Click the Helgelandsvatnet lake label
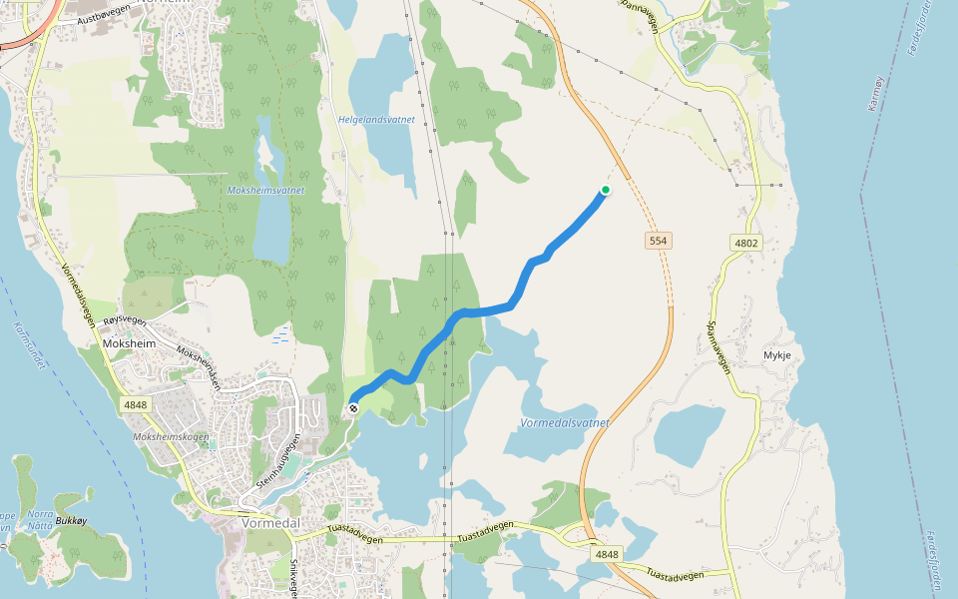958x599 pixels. click(x=376, y=119)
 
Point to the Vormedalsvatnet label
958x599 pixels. click(x=564, y=423)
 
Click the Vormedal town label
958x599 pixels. click(x=270, y=522)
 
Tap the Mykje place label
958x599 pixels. click(x=776, y=354)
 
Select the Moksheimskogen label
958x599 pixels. click(x=172, y=436)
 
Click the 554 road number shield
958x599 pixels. click(x=657, y=241)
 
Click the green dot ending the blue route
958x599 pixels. click(x=605, y=190)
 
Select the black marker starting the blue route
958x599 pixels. click(x=353, y=407)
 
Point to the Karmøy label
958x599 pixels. click(x=876, y=93)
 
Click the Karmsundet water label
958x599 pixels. click(x=30, y=344)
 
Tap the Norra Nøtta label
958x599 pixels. click(x=41, y=520)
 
